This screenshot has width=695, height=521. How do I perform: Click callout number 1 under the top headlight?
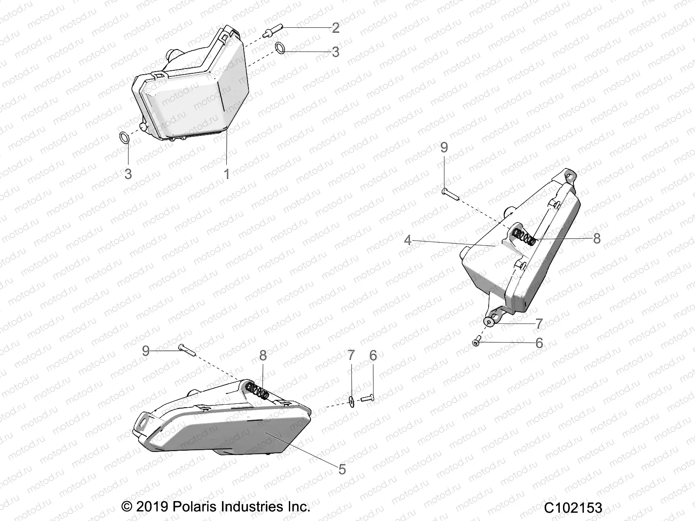[226, 174]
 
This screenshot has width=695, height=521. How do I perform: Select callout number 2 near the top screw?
[335, 28]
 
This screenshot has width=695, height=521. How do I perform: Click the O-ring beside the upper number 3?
[281, 47]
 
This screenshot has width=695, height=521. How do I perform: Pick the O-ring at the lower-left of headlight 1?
[124, 138]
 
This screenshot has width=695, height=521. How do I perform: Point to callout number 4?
[407, 240]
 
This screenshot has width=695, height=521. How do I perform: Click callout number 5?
[342, 469]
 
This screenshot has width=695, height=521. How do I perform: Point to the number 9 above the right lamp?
[444, 148]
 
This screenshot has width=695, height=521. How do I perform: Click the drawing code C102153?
[573, 508]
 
